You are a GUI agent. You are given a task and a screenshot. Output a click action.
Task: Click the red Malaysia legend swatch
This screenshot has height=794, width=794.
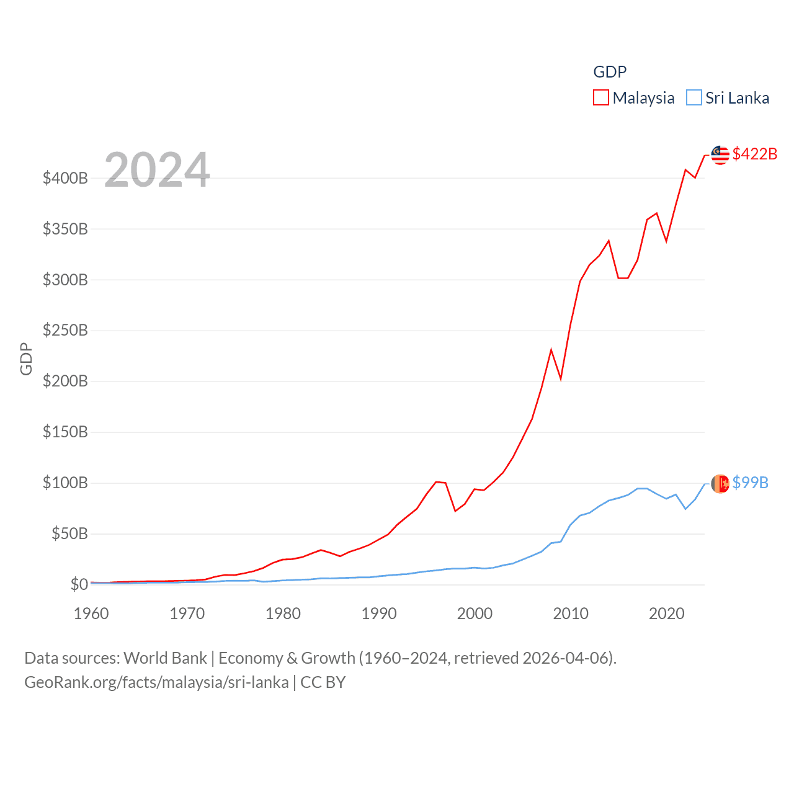(600, 98)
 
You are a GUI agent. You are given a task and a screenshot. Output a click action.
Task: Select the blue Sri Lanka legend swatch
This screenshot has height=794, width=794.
(694, 98)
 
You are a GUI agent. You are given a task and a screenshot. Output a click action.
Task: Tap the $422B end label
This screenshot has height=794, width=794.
(754, 154)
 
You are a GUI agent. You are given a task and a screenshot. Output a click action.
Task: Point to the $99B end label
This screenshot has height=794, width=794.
(750, 483)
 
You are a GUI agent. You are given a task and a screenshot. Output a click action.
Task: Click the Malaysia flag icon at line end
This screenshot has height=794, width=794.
(720, 155)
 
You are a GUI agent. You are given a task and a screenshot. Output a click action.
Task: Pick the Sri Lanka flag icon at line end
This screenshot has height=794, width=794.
(720, 484)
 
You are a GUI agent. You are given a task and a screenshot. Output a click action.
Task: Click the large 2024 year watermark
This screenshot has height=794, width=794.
(157, 170)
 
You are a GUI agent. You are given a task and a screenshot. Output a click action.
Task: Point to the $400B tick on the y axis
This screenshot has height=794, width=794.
(65, 179)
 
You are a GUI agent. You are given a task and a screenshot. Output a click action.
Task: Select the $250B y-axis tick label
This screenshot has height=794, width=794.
(65, 331)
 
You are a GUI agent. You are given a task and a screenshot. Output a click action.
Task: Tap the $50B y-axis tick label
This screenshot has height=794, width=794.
(69, 533)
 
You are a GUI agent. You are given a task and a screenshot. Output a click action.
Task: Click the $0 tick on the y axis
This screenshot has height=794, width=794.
(79, 584)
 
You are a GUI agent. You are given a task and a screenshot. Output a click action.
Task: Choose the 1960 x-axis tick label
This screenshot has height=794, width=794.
(91, 613)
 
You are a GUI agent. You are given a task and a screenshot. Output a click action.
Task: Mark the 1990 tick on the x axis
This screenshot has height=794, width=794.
(379, 613)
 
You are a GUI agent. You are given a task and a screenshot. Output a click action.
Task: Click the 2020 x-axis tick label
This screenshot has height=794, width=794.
(667, 613)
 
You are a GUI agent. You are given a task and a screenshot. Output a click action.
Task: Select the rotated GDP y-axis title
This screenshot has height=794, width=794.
(26, 359)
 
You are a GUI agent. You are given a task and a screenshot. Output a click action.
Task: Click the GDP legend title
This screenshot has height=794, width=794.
(610, 72)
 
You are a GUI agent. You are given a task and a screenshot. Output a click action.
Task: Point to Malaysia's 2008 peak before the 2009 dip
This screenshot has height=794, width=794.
(551, 350)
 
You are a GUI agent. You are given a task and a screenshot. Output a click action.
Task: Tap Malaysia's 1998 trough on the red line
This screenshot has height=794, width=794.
(455, 511)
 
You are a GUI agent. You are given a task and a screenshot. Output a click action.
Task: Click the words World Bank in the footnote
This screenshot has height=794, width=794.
(165, 658)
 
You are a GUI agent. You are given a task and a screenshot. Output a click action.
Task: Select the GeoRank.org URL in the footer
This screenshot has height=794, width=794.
(156, 682)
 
